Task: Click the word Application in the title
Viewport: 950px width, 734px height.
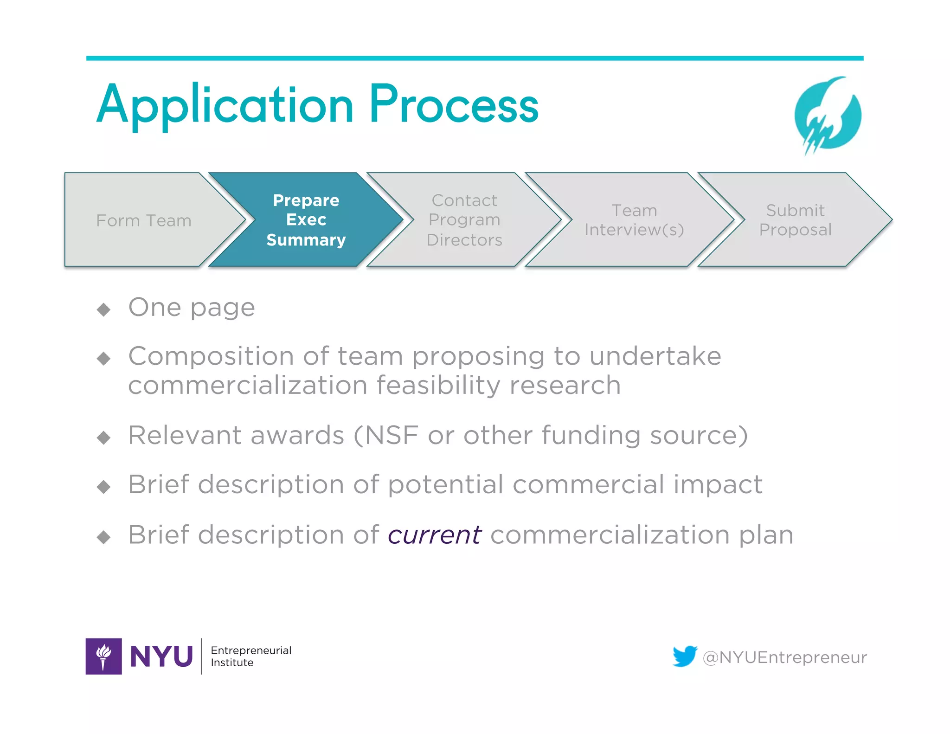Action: [225, 106]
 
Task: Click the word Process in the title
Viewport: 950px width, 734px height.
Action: [454, 106]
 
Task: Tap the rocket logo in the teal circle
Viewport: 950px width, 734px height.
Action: [828, 116]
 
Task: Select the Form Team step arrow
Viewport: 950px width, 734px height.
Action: [144, 220]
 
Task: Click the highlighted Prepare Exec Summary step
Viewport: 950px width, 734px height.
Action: [306, 220]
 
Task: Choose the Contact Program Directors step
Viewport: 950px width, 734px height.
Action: [464, 220]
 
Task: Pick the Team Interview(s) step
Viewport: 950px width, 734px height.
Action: [634, 220]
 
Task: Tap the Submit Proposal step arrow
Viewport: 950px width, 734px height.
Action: [795, 220]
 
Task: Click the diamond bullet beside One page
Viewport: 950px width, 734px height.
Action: [104, 309]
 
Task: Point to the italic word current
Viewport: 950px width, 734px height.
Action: [435, 535]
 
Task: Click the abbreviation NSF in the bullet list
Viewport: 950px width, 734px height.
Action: [392, 436]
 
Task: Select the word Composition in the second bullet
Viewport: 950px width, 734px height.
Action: [211, 357]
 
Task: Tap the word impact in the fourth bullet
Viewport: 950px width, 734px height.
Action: [718, 485]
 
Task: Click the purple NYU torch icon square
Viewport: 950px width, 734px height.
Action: [104, 656]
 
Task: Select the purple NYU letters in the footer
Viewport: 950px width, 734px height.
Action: [161, 657]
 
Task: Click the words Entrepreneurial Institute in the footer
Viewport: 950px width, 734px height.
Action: [250, 656]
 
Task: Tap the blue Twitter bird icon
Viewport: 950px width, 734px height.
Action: [685, 656]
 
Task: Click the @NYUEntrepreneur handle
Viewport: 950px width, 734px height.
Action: [784, 657]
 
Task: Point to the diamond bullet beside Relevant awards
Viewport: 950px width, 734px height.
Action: [104, 438]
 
